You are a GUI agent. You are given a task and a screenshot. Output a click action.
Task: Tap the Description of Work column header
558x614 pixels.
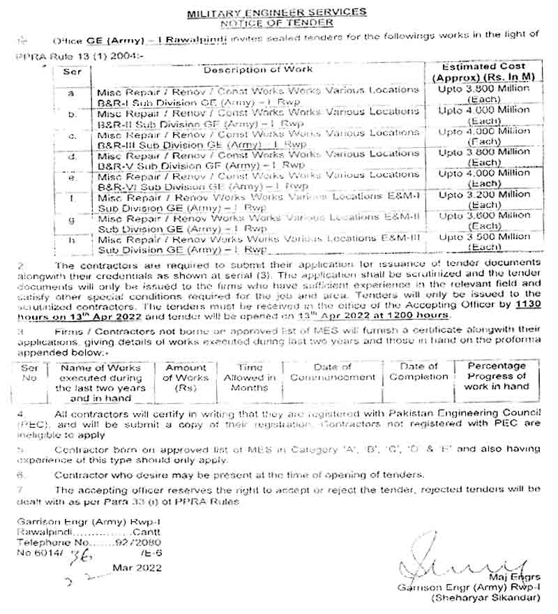(x=258, y=70)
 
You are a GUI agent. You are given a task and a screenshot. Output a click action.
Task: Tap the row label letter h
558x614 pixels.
(x=73, y=241)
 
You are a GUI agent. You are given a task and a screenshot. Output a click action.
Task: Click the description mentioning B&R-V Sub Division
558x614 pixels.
(x=258, y=158)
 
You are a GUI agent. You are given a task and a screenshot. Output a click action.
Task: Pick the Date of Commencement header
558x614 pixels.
(x=333, y=372)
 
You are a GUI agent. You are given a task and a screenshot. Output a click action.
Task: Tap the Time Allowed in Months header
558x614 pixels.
(x=250, y=377)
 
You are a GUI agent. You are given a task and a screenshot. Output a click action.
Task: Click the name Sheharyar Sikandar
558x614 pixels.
(x=487, y=598)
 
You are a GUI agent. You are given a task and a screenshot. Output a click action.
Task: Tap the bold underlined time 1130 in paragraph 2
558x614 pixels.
(x=527, y=305)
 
